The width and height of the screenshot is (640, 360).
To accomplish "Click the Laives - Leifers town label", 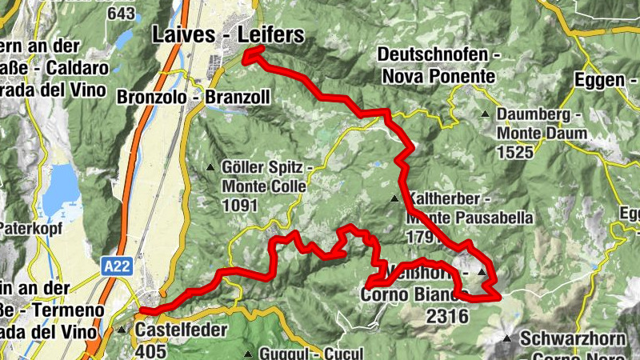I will click(x=228, y=34).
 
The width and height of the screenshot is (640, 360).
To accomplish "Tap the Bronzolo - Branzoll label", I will click(x=193, y=97).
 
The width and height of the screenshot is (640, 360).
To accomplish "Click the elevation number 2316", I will click(x=447, y=316).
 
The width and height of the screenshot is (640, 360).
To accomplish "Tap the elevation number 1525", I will click(x=515, y=150).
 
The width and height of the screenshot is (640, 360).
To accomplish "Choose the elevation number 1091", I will click(x=240, y=206).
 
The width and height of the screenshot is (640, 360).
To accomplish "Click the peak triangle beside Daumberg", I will click(x=486, y=114).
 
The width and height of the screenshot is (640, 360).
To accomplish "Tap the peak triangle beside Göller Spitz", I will click(x=210, y=167).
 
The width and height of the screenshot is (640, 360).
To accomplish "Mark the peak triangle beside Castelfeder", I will click(x=122, y=329).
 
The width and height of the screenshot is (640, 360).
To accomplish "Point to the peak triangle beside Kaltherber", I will click(x=394, y=198).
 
